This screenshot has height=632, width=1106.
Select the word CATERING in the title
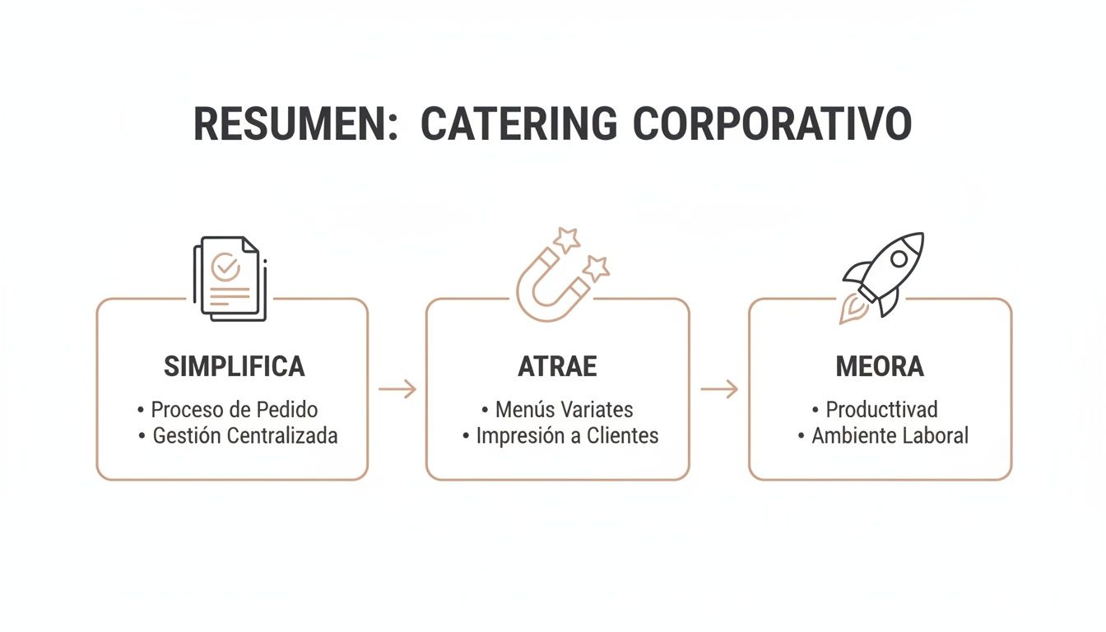point(518,123)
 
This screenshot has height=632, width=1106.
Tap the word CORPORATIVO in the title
point(773,123)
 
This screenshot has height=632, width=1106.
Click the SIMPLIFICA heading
point(235,367)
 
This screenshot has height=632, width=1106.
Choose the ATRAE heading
point(557,367)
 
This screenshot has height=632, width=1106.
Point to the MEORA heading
point(880,367)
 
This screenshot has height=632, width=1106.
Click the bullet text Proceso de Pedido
point(234,409)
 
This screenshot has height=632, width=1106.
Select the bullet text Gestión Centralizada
point(245,435)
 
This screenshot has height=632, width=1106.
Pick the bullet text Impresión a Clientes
point(567,435)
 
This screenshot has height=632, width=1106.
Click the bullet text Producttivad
point(881,409)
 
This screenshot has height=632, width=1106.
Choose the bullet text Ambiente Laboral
point(890,435)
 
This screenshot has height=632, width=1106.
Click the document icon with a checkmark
point(230,277)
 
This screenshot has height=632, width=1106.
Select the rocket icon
point(883,276)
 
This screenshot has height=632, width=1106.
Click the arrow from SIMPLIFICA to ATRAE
point(397,389)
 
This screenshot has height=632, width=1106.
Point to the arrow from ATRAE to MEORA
point(718,389)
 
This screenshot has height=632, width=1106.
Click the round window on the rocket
point(899,258)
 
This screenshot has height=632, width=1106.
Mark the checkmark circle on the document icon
point(225,267)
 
